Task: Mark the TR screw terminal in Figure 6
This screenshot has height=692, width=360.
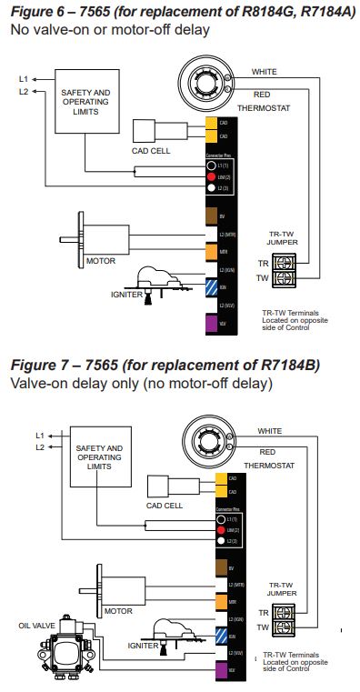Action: point(283,262)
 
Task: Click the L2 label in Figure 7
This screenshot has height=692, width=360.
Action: point(39,447)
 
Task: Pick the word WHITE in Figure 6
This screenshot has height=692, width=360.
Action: point(265,72)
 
